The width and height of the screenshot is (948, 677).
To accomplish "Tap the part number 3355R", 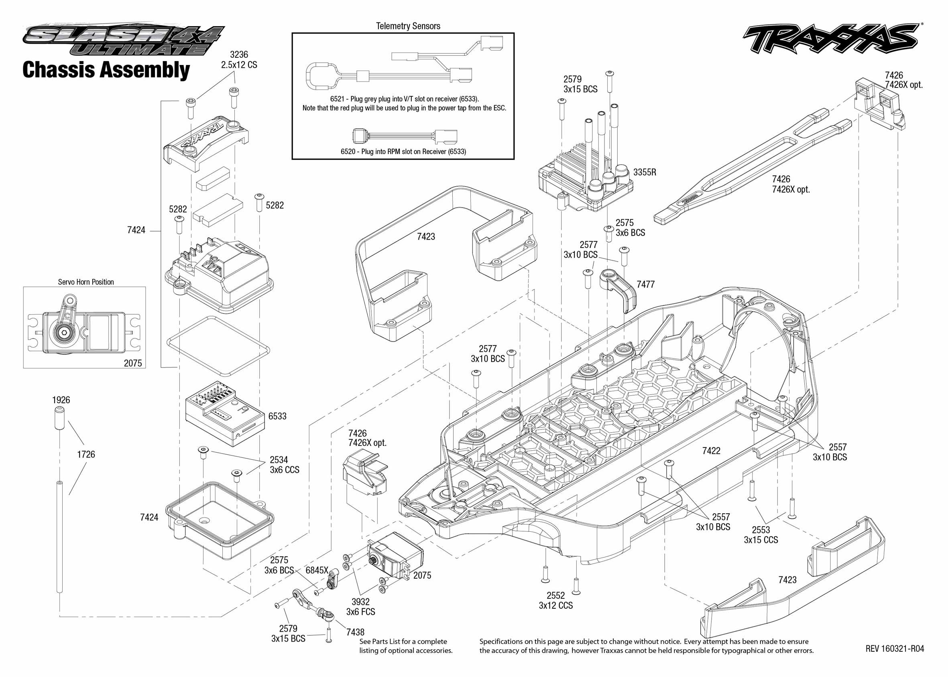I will (645, 172).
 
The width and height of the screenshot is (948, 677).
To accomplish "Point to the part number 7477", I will (645, 284).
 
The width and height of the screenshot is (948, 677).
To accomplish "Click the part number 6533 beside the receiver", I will (277, 416).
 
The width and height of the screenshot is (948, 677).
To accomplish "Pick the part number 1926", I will (61, 400).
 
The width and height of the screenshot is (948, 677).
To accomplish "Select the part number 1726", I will (86, 454).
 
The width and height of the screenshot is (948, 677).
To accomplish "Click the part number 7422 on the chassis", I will (711, 451).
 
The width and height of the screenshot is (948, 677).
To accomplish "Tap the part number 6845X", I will (317, 570).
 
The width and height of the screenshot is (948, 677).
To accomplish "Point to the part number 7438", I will (355, 632).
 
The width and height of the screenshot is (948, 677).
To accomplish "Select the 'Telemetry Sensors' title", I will (408, 26).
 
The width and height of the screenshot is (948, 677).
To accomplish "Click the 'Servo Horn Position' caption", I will (86, 282).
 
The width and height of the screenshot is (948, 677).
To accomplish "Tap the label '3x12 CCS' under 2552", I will (556, 605).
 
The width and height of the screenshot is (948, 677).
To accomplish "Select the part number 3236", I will (239, 55).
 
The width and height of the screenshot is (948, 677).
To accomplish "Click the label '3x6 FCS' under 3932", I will (360, 612).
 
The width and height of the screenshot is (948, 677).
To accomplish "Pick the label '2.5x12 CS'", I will (239, 65).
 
